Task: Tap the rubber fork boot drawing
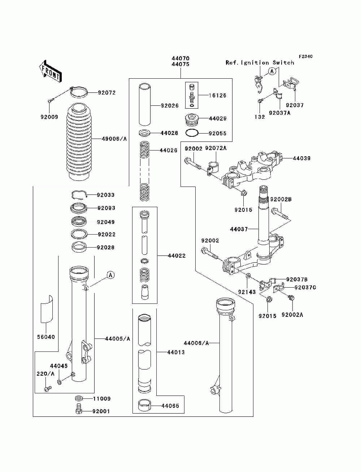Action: tap(78, 143)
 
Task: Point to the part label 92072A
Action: tap(216, 148)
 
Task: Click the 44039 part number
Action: tap(301, 158)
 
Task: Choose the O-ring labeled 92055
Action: tap(192, 133)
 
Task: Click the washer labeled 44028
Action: tap(145, 133)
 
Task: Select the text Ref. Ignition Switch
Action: tap(260, 63)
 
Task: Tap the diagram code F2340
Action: tap(305, 57)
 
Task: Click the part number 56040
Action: tap(46, 337)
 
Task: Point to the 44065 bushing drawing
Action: tap(146, 406)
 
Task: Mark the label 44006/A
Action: tap(196, 343)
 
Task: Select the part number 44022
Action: tap(177, 256)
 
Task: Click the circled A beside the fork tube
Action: tap(110, 275)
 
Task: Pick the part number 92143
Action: tap(247, 292)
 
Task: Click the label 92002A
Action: tap(292, 315)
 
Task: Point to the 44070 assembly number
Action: tap(180, 58)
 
